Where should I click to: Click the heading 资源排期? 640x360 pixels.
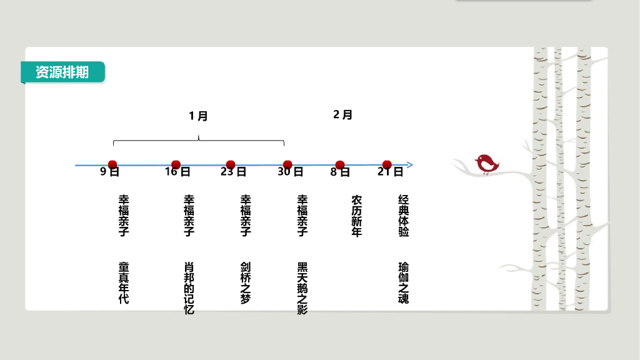(x=62, y=72)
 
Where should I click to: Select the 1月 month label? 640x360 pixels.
(x=198, y=116)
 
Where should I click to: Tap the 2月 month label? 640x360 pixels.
(x=342, y=115)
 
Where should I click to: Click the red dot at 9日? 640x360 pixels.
(x=112, y=164)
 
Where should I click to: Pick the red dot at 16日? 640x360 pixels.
(x=176, y=164)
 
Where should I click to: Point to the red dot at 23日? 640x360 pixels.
(x=231, y=164)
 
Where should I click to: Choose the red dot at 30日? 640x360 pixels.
(x=287, y=164)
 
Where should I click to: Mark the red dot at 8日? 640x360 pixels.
(x=340, y=164)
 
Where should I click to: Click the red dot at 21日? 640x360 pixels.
(x=387, y=164)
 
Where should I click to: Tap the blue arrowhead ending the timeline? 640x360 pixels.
(x=409, y=165)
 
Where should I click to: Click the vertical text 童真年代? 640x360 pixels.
(x=124, y=282)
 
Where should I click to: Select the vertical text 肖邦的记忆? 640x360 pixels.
(x=189, y=287)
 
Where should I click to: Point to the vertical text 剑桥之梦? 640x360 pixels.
(x=246, y=282)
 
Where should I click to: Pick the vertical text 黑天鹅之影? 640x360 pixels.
(x=302, y=287)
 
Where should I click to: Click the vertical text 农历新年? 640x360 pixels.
(x=356, y=216)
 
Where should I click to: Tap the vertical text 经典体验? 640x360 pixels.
(x=404, y=216)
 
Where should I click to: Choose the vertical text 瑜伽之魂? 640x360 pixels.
(x=404, y=282)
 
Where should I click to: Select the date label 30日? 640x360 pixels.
(x=291, y=172)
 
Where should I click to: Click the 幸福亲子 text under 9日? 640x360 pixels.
(x=124, y=216)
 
